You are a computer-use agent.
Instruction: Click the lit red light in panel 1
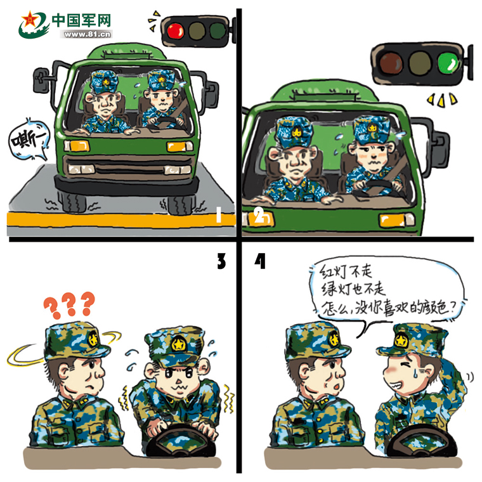[x=176, y=31]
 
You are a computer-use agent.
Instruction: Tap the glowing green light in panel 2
[x=448, y=63]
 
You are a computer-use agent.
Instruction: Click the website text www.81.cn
[x=87, y=34]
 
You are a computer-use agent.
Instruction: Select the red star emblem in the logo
[x=30, y=20]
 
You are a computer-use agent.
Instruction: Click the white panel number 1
[x=219, y=214]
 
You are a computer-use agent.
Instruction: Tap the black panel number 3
[x=221, y=261]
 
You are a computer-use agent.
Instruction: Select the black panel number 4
[x=260, y=261]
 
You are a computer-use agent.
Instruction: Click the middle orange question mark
[x=70, y=304]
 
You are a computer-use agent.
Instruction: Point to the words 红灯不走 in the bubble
[x=346, y=271]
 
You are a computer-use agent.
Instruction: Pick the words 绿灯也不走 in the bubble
[x=353, y=289]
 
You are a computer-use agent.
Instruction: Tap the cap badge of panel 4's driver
[x=400, y=341]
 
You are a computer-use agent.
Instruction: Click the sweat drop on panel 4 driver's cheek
[x=415, y=373]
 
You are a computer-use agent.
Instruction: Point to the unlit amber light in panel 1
[x=197, y=30]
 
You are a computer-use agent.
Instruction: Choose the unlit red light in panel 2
[x=391, y=63]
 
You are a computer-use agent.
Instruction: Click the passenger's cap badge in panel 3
[x=93, y=340]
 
